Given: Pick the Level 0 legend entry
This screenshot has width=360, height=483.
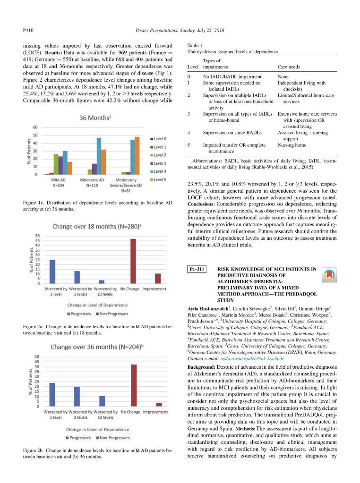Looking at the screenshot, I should [x=159, y=138].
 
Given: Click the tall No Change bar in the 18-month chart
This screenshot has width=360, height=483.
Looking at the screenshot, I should [x=133, y=261].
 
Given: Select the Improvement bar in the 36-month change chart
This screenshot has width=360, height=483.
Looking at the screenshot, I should [x=159, y=404].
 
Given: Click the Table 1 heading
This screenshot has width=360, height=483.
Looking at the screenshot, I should [x=195, y=45].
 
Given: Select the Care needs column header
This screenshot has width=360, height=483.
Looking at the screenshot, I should [x=288, y=67].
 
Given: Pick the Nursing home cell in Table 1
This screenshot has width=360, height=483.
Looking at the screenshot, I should [x=290, y=145].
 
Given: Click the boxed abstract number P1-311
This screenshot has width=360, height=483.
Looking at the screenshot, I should [x=197, y=270].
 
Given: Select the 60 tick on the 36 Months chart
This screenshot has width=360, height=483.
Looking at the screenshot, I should [x=36, y=127].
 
